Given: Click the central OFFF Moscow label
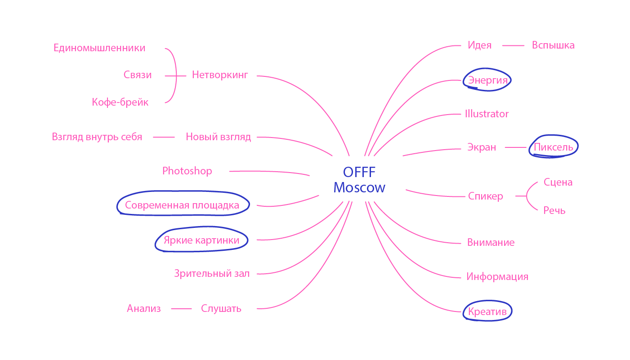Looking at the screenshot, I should click(359, 180).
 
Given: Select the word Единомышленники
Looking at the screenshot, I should click(99, 48).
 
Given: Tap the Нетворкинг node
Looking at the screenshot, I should click(220, 75).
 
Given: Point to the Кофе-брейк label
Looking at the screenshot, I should click(120, 102).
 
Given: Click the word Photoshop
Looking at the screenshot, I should click(187, 171).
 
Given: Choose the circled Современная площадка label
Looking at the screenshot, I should click(182, 205).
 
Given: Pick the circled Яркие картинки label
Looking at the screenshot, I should click(201, 240).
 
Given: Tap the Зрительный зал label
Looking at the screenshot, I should click(212, 273).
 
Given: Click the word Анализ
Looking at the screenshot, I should click(144, 308).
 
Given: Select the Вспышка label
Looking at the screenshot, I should click(553, 45).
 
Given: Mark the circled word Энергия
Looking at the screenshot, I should click(487, 80).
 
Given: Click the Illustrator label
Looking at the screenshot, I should click(487, 114).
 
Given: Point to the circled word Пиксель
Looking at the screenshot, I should click(553, 147).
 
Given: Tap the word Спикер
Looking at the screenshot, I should click(485, 196).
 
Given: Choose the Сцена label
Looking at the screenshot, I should click(558, 182).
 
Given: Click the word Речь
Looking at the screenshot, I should click(554, 210).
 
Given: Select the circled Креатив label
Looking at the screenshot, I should click(487, 311).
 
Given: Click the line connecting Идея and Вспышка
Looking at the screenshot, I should click(513, 45).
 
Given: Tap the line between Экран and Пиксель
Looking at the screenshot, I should click(515, 147).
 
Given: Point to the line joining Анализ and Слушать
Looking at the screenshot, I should click(181, 308).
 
